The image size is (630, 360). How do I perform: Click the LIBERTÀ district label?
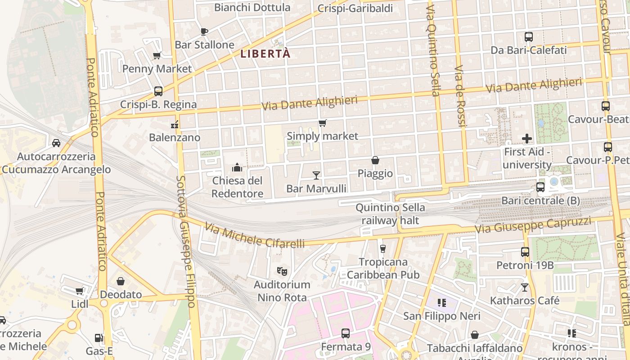(265, 54)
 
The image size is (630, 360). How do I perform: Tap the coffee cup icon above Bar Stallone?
(204, 31)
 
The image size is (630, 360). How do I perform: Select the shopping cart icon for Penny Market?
(157, 55)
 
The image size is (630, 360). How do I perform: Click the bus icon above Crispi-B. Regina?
(158, 91)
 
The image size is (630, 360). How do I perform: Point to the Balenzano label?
(175, 137)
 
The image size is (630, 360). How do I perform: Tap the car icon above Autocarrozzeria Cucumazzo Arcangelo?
(56, 143)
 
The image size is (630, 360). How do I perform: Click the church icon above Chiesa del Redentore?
(237, 168)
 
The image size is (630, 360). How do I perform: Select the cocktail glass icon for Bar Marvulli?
(316, 175)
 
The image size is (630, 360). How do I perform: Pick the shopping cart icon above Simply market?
(322, 123)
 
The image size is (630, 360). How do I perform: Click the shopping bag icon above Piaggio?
(375, 160)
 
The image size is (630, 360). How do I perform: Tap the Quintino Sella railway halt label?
(390, 214)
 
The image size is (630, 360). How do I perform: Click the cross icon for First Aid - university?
(526, 139)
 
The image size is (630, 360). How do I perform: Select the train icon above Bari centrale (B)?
(540, 187)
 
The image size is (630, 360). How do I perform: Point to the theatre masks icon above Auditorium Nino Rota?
(282, 271)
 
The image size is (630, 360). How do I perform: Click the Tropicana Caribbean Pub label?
(383, 268)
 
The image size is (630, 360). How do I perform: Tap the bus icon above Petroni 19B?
(525, 252)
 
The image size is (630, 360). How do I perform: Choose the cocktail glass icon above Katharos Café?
(524, 287)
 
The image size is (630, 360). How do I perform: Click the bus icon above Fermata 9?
(345, 333)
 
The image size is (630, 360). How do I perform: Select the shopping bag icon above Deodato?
(121, 282)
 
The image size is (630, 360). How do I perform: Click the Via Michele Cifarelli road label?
(254, 235)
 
